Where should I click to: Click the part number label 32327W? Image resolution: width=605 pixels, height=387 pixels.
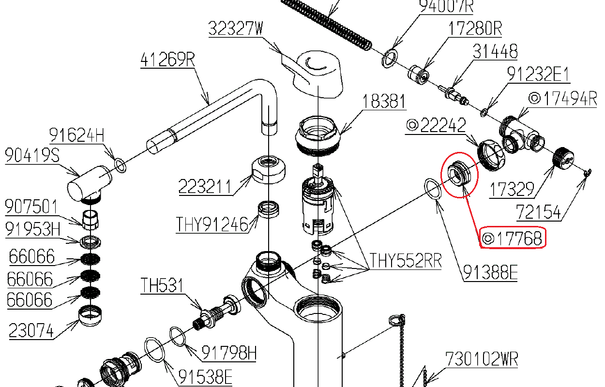(236, 29)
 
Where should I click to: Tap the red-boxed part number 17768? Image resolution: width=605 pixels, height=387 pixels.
(513, 238)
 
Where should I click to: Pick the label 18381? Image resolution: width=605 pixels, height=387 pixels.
(384, 102)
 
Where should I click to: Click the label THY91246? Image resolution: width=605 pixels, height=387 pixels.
(212, 224)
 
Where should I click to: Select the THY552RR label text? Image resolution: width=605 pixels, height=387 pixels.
(406, 261)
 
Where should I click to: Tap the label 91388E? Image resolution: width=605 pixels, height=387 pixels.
(490, 273)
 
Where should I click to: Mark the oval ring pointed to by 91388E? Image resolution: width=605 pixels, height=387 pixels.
(433, 188)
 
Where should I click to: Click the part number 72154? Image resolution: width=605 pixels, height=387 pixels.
(538, 212)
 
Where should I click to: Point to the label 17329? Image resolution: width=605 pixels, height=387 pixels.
(512, 189)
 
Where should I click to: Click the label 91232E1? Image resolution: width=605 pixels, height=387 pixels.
(538, 74)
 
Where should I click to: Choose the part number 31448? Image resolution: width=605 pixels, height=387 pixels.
(495, 51)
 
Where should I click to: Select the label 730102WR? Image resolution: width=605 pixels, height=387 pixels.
(482, 359)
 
